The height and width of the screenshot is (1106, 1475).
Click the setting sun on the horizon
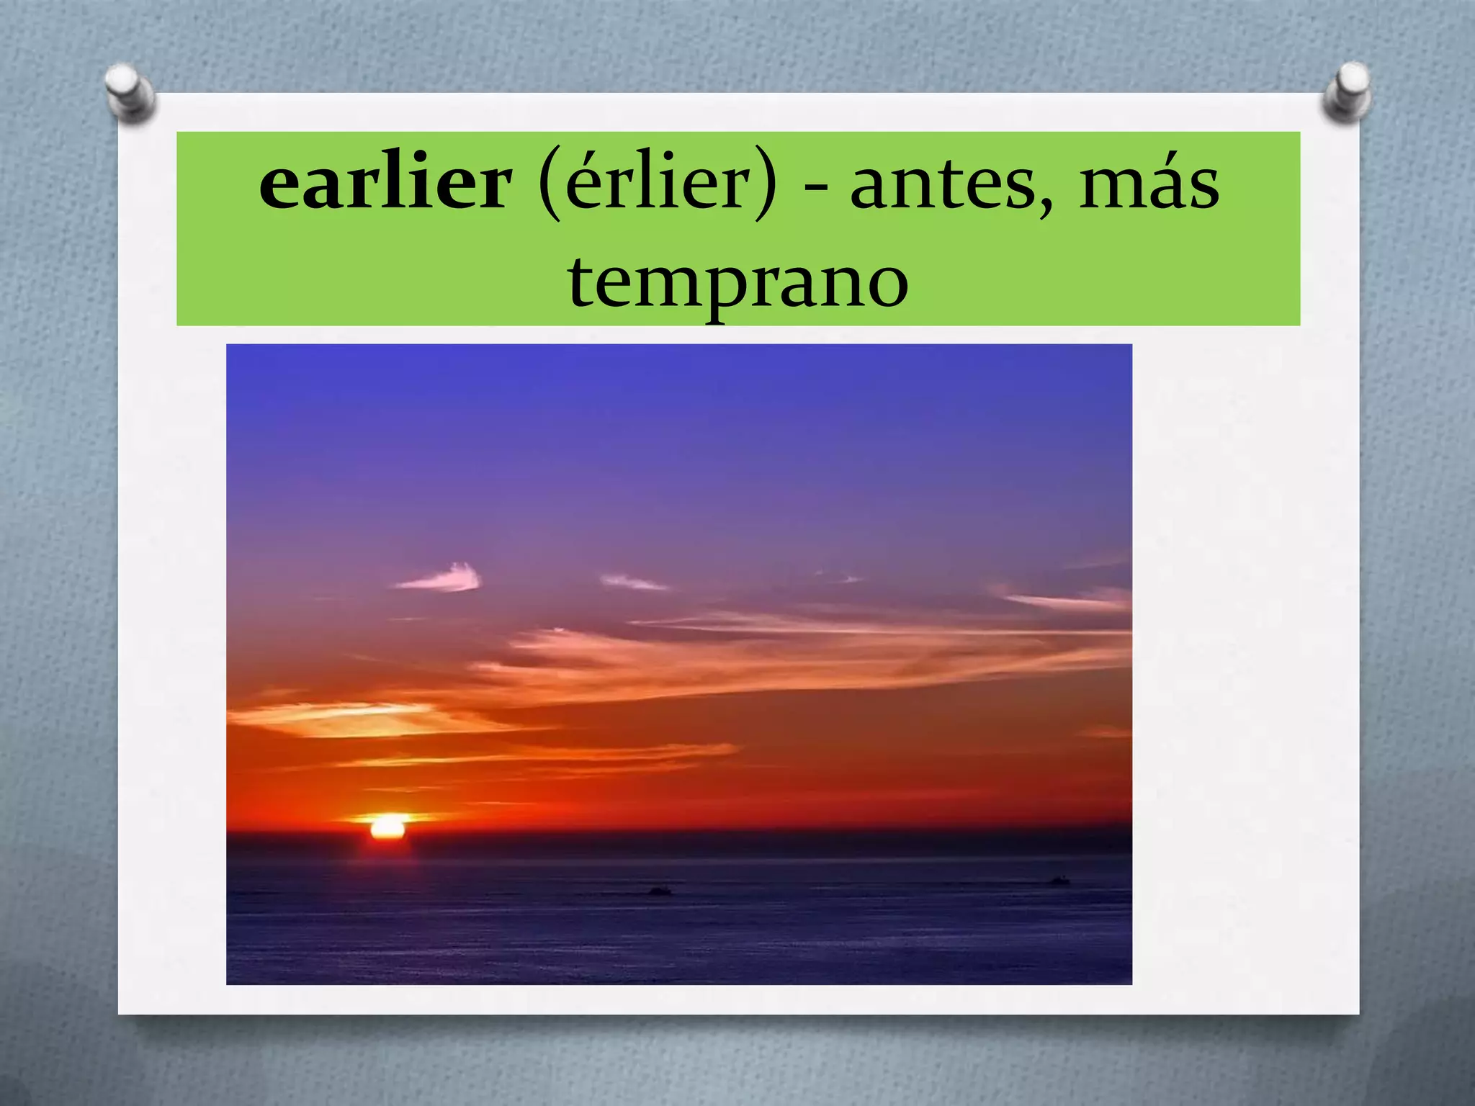pos(388,827)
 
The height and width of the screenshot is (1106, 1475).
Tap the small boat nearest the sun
pos(660,891)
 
